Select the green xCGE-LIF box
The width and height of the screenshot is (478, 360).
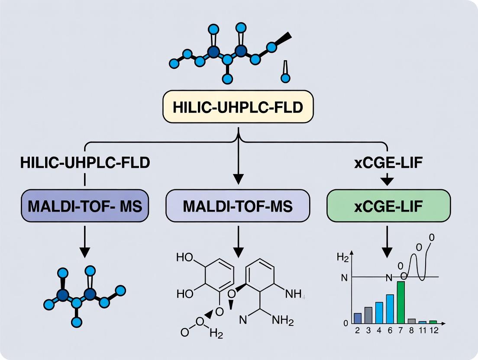(x=388, y=206)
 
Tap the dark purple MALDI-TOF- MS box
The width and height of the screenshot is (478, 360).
(x=85, y=206)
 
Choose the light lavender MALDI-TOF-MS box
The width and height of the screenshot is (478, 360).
(x=238, y=206)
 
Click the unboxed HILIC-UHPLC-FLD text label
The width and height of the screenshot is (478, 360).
(x=85, y=163)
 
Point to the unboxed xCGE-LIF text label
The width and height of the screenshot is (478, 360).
(x=388, y=163)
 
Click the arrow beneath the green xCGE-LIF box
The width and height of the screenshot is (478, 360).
(x=388, y=242)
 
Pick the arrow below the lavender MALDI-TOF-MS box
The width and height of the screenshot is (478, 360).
(x=238, y=242)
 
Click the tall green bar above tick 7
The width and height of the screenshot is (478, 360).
(x=400, y=302)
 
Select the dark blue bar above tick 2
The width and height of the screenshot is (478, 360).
(x=358, y=318)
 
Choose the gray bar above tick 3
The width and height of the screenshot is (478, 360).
(x=368, y=315)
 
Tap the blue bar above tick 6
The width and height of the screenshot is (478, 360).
(x=390, y=309)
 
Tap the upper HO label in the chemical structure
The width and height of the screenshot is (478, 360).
(x=185, y=257)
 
